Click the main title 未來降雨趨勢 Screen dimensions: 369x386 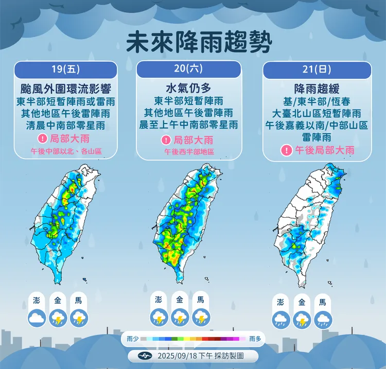(x=198, y=41)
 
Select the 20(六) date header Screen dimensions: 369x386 (x=188, y=69)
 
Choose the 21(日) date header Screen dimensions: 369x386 (x=317, y=69)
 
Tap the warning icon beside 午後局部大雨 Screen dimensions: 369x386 (x=286, y=150)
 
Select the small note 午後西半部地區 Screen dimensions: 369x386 (x=189, y=152)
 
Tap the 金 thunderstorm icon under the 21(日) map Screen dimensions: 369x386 (x=302, y=321)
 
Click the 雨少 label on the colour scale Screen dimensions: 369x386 (x=132, y=339)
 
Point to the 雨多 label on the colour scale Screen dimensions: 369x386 (x=255, y=339)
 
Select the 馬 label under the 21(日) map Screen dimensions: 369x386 (x=323, y=303)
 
